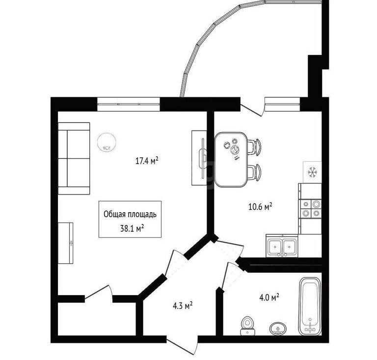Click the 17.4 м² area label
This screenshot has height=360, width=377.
point(147,161)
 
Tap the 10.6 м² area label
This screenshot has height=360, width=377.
point(260,207)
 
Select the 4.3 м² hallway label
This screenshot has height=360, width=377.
point(183,305)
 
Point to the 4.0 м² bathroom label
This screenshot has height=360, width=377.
point(269,297)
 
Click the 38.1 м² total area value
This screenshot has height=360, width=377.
point(132,228)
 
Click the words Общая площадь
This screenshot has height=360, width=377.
point(130,214)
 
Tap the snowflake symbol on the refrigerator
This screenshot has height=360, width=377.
point(312,172)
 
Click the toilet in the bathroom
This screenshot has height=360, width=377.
point(247,326)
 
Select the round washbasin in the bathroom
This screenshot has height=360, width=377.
point(278,329)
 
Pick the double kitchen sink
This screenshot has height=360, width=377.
point(282,246)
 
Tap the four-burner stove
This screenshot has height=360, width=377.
point(310,209)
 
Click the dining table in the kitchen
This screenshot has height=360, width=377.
point(231,160)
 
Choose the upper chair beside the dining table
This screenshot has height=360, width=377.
point(254,147)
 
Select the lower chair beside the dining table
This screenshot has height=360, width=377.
point(254,172)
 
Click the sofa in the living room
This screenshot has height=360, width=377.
point(74,159)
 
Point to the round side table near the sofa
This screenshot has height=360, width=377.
point(107,142)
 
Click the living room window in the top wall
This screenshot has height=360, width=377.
point(129,104)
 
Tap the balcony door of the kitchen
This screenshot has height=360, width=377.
point(252,110)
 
